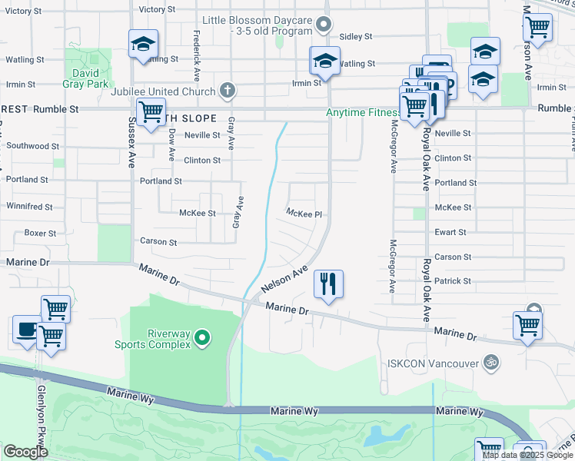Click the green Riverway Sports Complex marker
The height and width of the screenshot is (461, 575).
(x=201, y=337)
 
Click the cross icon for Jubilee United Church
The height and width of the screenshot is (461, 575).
(x=226, y=91)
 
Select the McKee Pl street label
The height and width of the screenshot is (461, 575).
(x=303, y=214)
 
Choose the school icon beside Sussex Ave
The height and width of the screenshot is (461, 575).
(x=143, y=45)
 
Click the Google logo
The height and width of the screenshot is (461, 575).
(x=25, y=452)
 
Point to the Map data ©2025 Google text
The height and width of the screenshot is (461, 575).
(x=527, y=455)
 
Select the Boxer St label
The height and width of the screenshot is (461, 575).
(x=40, y=233)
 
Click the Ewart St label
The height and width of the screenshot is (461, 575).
(x=450, y=232)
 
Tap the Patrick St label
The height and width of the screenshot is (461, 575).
(x=453, y=281)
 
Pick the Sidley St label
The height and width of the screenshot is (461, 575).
(x=355, y=36)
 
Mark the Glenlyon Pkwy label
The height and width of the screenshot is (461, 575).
(x=41, y=408)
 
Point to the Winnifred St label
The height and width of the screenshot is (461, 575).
(x=29, y=207)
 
